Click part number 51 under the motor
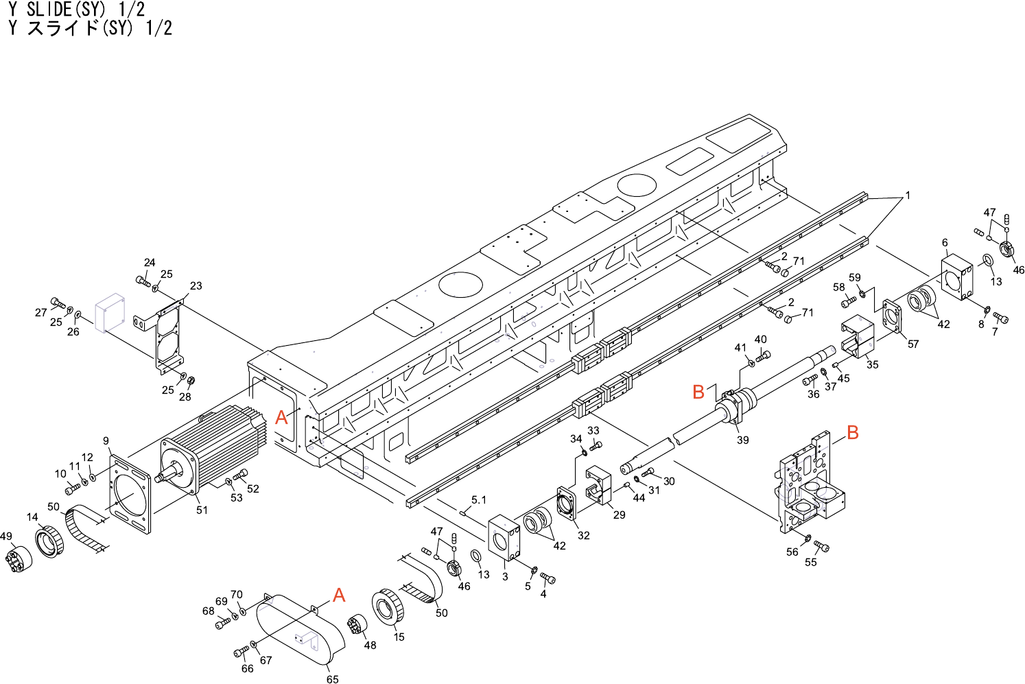pos(202,510)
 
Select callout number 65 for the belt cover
pos(332,679)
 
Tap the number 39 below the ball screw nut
pos(742,440)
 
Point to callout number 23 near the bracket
pos(196,285)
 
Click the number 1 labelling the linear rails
pos(907,196)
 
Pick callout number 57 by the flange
pos(912,344)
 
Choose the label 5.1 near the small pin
pos(478,499)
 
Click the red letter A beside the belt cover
pos(339,595)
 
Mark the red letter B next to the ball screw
pos(698,392)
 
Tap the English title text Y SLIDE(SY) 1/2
pos(77,10)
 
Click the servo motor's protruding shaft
pos(165,475)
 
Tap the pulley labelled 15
pos(390,606)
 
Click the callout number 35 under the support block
pos(872,364)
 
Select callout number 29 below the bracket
pos(619,515)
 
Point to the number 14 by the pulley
pos(32,517)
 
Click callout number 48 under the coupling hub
pos(370,645)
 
